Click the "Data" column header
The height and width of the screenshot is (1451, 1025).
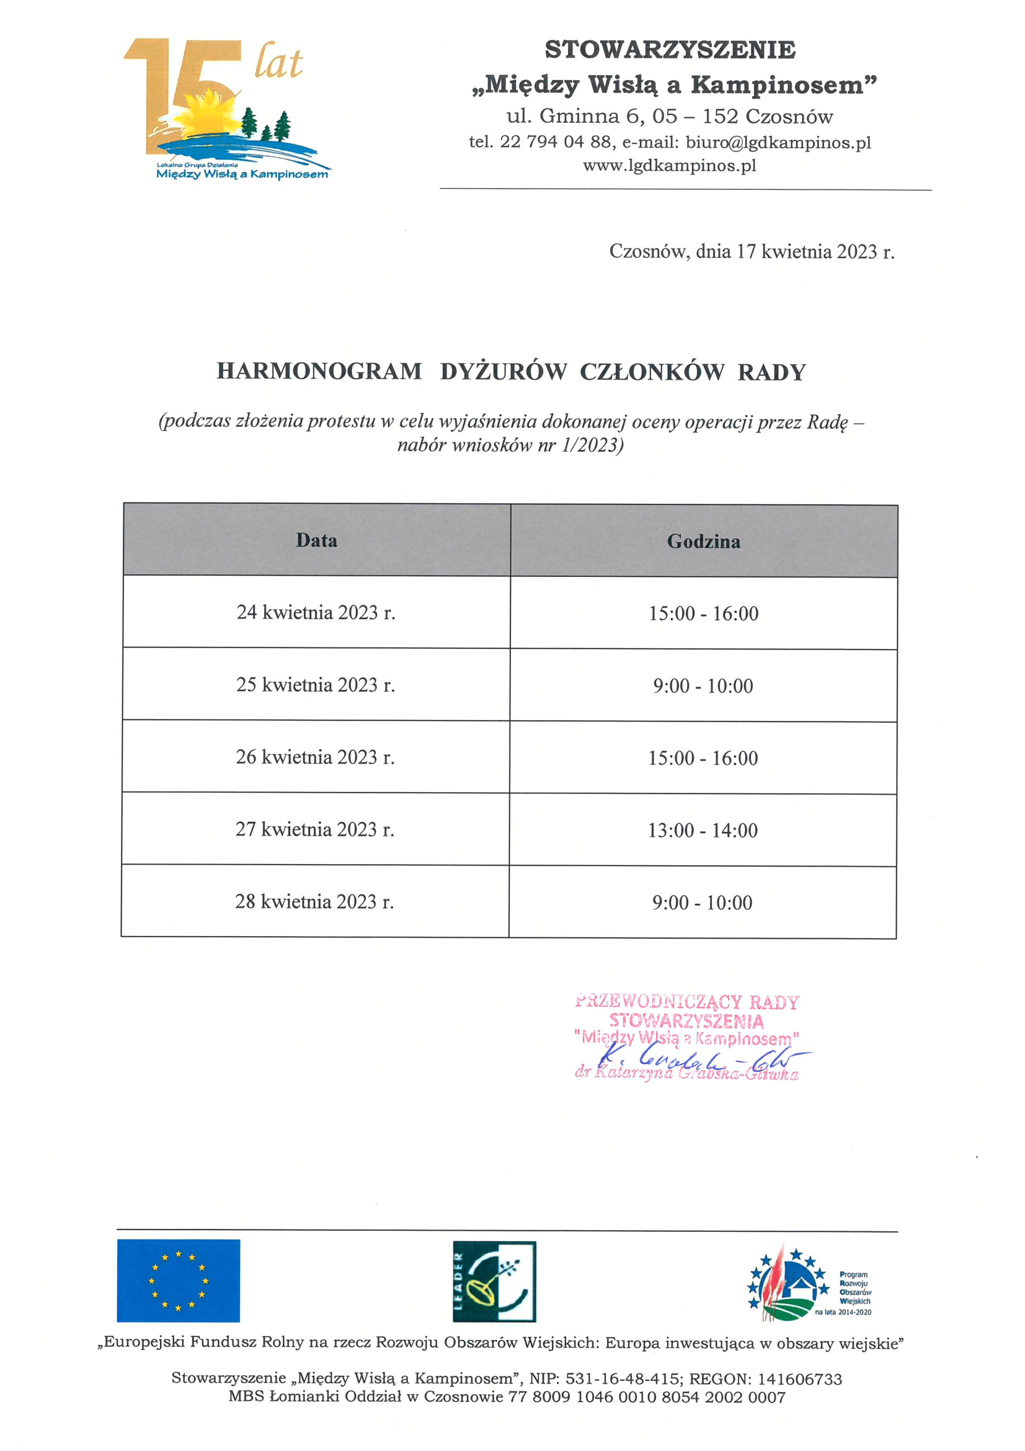point(316,540)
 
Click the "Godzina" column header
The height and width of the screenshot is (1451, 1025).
point(704,542)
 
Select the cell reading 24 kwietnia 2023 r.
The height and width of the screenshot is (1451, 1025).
point(316,612)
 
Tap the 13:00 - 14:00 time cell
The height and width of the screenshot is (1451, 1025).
point(703,831)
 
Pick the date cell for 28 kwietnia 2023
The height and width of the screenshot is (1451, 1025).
point(314,902)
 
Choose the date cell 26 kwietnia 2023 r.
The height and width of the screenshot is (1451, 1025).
point(315,757)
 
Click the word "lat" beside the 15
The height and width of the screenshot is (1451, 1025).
point(278,61)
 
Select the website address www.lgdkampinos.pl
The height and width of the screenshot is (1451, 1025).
point(670,166)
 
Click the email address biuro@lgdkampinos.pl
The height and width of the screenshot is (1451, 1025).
point(778,142)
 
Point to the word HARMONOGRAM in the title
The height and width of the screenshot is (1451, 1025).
point(319,372)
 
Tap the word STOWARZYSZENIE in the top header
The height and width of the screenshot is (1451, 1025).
point(670,50)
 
